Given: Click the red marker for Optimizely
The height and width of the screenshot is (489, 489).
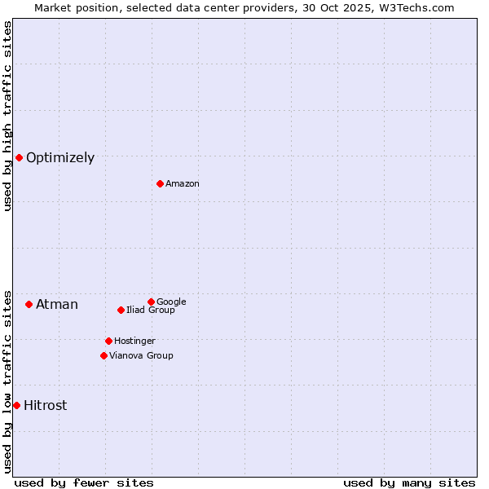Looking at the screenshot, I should [19, 157].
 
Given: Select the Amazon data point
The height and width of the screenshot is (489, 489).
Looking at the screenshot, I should [160, 183].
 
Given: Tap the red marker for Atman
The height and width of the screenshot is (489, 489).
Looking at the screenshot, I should [29, 304].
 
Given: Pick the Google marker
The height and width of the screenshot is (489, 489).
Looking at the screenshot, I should [151, 302].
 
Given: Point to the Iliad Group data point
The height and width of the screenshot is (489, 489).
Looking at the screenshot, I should [121, 310].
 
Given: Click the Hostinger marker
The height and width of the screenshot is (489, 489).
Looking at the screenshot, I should [108, 341].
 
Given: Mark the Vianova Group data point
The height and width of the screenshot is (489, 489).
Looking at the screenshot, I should [104, 355].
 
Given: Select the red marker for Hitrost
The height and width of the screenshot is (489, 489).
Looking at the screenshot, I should [16, 405].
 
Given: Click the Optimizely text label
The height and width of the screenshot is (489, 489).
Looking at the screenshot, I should [60, 158].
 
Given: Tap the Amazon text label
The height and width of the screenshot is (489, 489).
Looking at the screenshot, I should [183, 184].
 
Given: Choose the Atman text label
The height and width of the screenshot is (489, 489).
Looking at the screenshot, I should [57, 305].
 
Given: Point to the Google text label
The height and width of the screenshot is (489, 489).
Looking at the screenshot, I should [171, 302].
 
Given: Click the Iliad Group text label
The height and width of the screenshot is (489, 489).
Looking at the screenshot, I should [151, 310].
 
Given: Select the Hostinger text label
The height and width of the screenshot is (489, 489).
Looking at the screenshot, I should [134, 341].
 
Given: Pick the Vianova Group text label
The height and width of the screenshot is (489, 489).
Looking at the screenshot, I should [141, 355].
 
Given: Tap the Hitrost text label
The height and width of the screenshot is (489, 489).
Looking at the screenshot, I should [46, 406].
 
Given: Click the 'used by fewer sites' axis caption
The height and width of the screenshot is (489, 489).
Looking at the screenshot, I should [84, 482].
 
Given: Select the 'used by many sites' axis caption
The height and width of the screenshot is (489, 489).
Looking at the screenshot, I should [409, 482].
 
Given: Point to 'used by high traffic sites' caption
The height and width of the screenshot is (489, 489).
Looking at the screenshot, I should [7, 116].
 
